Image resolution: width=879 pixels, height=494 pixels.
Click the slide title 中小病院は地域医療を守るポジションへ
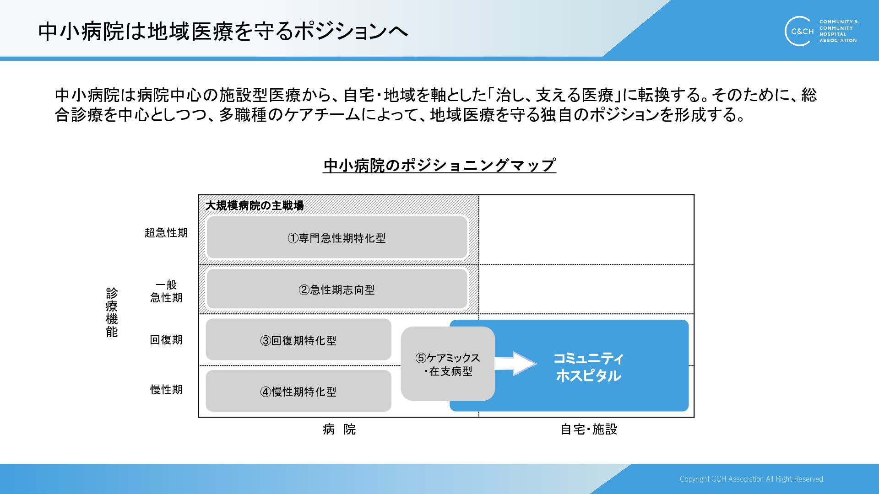pyautogui.click(x=223, y=31)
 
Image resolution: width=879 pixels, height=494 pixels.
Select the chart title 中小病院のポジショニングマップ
pyautogui.click(x=439, y=165)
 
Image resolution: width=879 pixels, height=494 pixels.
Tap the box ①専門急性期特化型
pyautogui.click(x=337, y=238)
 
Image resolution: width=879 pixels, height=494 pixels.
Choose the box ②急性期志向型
pyautogui.click(x=337, y=290)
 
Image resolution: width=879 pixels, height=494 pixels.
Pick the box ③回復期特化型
pyautogui.click(x=298, y=340)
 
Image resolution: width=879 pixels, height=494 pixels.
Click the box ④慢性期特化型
pyautogui.click(x=298, y=392)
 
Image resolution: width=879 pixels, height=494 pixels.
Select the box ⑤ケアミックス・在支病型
pyautogui.click(x=447, y=364)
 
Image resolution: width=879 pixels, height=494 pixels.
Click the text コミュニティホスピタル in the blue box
pyautogui.click(x=588, y=367)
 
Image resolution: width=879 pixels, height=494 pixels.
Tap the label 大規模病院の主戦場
pyautogui.click(x=255, y=206)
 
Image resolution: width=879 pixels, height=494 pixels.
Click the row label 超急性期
pyautogui.click(x=166, y=233)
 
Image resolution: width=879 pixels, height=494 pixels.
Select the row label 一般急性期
pyautogui.click(x=166, y=291)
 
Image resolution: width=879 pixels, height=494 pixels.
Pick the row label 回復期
pyautogui.click(x=166, y=340)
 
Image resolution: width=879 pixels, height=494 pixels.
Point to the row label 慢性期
pyautogui.click(x=166, y=390)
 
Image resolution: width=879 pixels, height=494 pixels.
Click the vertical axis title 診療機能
pyautogui.click(x=112, y=312)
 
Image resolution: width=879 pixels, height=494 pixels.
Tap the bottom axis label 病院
pyautogui.click(x=339, y=429)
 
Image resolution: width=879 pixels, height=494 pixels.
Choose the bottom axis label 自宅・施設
pyautogui.click(x=589, y=429)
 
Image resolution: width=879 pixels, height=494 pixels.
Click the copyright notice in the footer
pyautogui.click(x=752, y=479)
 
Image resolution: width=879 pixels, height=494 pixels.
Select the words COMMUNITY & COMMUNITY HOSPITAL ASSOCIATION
pyautogui.click(x=838, y=31)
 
